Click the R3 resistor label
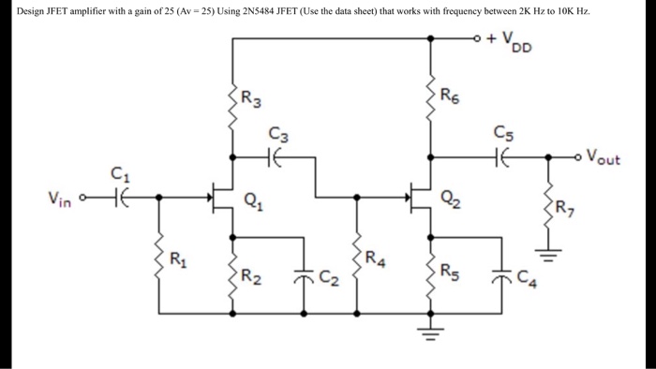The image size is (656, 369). click(252, 96)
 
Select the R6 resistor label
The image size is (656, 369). click(451, 96)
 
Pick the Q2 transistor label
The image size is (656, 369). click(451, 198)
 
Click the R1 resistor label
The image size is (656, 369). click(178, 258)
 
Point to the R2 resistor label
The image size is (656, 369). click(251, 275)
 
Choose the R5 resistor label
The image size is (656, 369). click(451, 274)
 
